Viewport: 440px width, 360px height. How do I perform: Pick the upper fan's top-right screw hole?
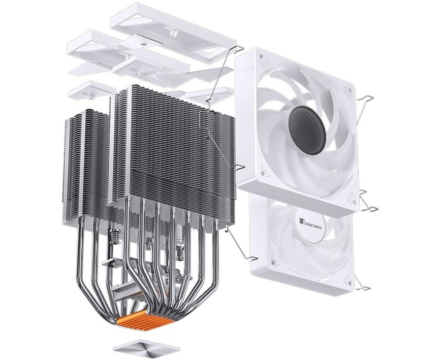click(349, 90)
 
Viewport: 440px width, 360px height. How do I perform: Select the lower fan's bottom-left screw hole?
click(272, 262)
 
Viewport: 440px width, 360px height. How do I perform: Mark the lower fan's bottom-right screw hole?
click(349, 282)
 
